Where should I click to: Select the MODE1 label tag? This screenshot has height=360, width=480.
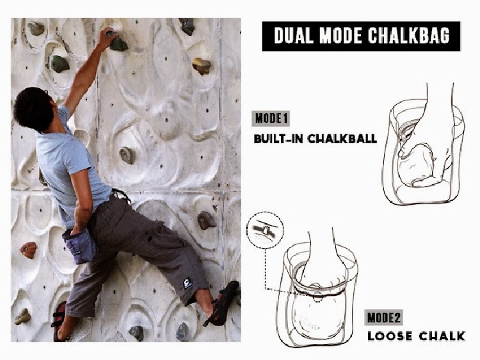point(272,119)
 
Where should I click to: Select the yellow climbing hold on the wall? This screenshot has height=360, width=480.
point(201,65)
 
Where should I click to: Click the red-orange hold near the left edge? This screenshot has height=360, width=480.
point(28,249)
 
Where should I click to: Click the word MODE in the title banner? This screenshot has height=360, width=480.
point(340,36)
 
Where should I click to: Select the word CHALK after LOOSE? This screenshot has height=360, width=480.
point(441,336)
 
